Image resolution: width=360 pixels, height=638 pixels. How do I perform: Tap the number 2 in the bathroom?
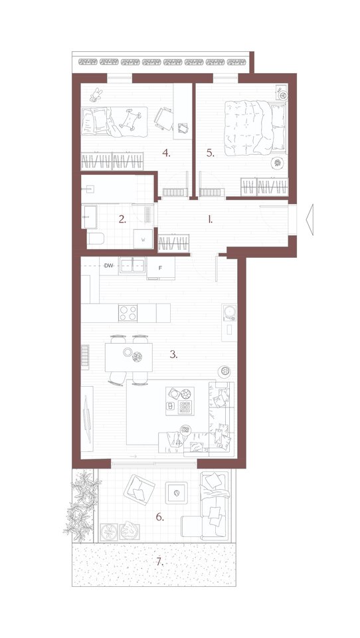(x=122, y=219)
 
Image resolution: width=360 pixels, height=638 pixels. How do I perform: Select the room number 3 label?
(x=174, y=354)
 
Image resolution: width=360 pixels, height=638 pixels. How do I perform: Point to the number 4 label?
(x=166, y=153)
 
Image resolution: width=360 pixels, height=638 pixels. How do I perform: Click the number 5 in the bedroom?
(x=210, y=153)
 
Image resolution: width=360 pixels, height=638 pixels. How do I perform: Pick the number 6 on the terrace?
(x=160, y=517)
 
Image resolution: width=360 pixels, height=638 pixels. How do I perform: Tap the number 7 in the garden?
(x=160, y=562)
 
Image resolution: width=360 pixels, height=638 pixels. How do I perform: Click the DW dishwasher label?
(x=108, y=266)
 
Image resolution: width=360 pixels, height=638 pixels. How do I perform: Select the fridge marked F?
(x=161, y=268)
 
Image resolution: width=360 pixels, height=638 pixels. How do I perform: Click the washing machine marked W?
(x=143, y=239)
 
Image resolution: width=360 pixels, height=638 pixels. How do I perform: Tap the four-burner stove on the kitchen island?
(x=128, y=313)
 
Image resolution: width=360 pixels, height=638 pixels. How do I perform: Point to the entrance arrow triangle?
(x=309, y=220)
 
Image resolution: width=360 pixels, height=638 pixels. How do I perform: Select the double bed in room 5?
(x=255, y=128)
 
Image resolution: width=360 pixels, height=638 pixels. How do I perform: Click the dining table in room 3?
(x=129, y=358)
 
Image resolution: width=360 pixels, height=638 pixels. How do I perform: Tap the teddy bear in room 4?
(x=96, y=94)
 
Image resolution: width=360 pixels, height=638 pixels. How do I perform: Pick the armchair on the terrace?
(x=139, y=490)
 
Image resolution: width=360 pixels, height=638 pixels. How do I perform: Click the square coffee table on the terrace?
(x=176, y=492)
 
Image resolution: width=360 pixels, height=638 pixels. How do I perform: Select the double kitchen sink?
(x=132, y=266)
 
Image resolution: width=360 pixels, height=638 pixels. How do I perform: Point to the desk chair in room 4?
(x=164, y=118)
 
